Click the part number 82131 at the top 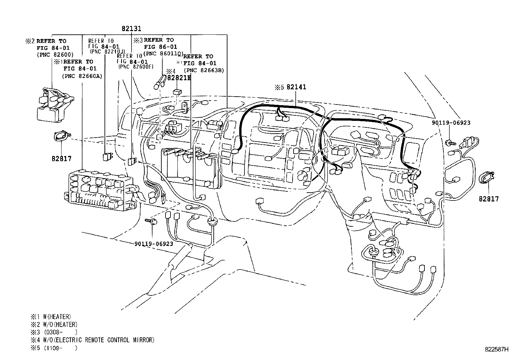pos(131,28)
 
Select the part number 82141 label pos(296,87)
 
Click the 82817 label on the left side pos(61,159)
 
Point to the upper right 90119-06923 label pos(451,123)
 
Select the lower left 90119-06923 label pos(153,244)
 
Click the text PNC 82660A pos(82,76)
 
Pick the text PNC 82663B pos(204,70)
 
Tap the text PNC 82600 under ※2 pos(55,55)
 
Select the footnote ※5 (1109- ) pos(54,348)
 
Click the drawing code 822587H pos(496,349)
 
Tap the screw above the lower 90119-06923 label pos(153,222)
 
